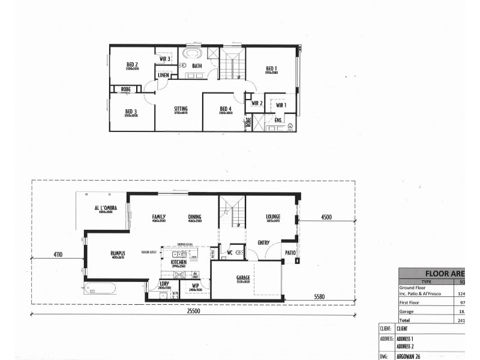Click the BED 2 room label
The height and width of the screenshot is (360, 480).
pyautogui.click(x=132, y=65)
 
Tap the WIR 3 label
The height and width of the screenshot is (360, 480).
pyautogui.click(x=165, y=59)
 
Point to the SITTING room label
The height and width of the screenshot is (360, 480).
pyautogui.click(x=181, y=109)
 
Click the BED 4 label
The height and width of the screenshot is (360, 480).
pyautogui.click(x=226, y=109)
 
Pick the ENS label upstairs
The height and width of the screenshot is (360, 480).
pyautogui.click(x=278, y=121)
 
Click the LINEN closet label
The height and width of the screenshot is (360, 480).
pyautogui.click(x=163, y=75)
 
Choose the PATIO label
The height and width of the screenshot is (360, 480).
pyautogui.click(x=290, y=253)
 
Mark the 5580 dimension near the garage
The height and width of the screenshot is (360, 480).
pyautogui.click(x=319, y=296)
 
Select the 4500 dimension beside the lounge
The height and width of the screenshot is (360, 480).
pyautogui.click(x=325, y=218)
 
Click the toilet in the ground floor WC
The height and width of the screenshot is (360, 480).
pyautogui.click(x=239, y=253)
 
